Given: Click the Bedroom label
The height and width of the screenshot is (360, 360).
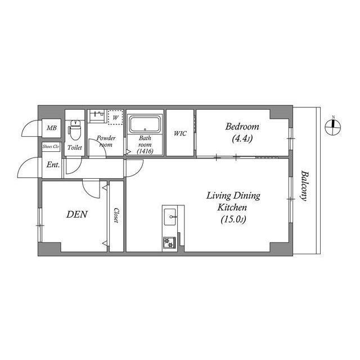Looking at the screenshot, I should pos(244,126).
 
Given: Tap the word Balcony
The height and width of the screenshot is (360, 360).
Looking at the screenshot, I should pos(304,185).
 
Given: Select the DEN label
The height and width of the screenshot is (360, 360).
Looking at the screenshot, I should pos(76,214).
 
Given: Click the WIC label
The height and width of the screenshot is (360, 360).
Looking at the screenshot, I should pos(180,133).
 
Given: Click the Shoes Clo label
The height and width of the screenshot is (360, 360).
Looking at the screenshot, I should pos(51,147).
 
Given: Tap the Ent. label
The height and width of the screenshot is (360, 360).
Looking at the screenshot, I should pos(53,165).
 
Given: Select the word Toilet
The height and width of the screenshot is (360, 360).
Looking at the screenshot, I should pos(74,147).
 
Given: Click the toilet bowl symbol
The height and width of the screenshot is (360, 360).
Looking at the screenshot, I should pos(74,130).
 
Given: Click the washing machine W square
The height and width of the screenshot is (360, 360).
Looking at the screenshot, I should pos(115,118).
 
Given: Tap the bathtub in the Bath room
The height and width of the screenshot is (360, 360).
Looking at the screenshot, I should pos(145,124).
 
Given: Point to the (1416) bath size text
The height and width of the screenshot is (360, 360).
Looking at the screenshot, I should pos(146,151).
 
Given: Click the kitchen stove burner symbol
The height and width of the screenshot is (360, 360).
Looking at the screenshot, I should pos(169,242).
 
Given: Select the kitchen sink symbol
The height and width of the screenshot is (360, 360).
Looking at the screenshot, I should pos(169,215).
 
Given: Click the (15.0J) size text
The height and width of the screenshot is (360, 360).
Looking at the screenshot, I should pos(233,219).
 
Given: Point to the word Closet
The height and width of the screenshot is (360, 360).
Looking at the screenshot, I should pos(115,215).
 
